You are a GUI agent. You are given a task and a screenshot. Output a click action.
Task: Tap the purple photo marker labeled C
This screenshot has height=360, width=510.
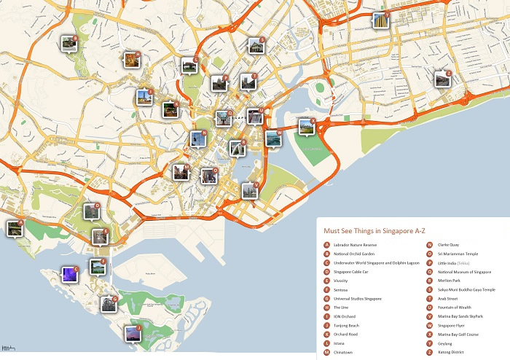(x=70, y=274)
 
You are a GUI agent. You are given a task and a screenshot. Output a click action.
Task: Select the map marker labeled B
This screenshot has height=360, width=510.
(x=68, y=44)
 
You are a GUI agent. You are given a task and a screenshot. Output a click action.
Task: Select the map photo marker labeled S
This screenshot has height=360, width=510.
(x=256, y=45)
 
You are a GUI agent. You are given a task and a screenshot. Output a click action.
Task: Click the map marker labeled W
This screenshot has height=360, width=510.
(x=274, y=137)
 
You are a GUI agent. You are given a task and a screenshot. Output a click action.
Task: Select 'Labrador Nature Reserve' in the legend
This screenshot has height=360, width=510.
(x=356, y=245)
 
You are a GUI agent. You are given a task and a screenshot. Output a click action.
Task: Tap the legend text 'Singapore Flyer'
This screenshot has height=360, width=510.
(x=453, y=326)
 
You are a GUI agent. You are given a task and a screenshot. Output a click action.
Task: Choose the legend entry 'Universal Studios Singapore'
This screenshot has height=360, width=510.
(x=358, y=299)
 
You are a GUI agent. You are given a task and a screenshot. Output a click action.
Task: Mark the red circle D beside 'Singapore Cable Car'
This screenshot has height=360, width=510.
(x=327, y=272)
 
